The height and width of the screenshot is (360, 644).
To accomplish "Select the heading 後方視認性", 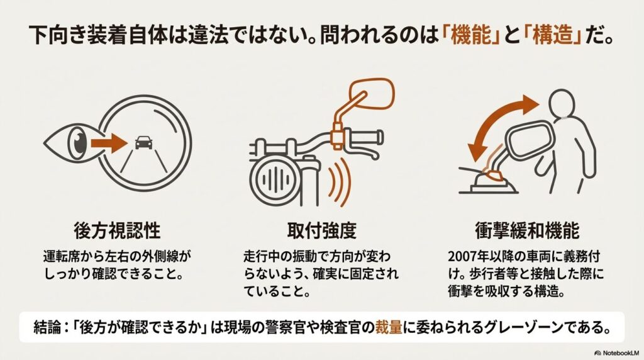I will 117,230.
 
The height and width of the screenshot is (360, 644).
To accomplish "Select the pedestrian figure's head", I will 564,103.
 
